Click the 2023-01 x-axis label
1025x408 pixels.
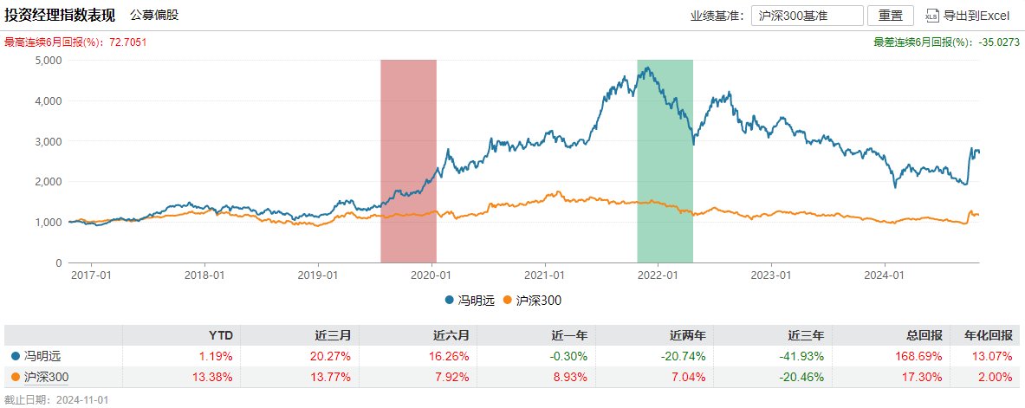772,275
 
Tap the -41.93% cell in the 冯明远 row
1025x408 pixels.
800,355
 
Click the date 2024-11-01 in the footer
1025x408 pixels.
82,400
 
